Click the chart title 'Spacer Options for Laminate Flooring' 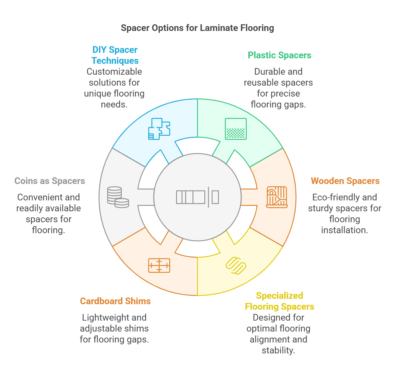coord(197,28)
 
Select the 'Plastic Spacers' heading coord(279,55)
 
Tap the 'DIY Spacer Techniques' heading coord(115,55)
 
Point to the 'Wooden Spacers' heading coord(345,181)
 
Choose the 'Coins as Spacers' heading coord(50,181)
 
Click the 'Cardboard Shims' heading coord(115,301)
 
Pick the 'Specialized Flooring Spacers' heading coord(279,301)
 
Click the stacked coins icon coord(118,197)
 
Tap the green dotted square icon coord(236,129)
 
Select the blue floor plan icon coord(159,129)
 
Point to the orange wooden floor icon coord(277,197)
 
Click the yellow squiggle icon coord(236,265)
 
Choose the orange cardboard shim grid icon coord(159,265)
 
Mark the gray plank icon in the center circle coord(197,197)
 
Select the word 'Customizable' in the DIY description coord(114,72)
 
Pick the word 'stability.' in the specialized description coord(278,350)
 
